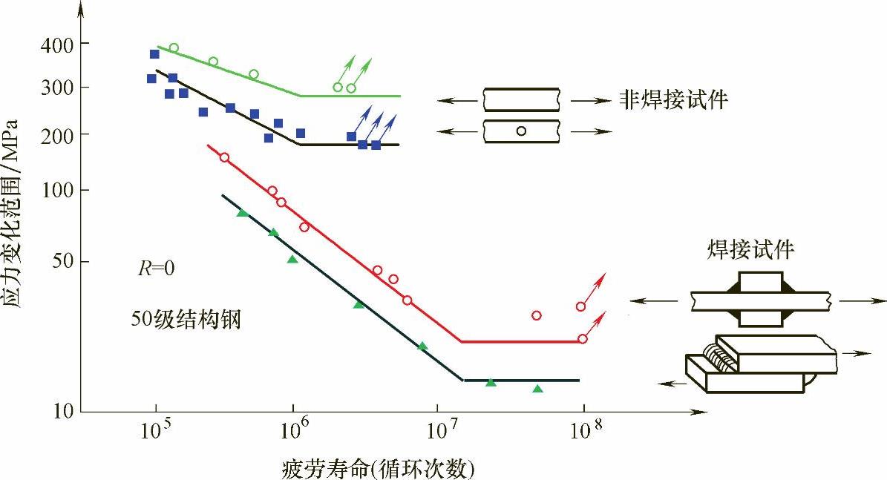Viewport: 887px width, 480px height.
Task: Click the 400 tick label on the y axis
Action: pyautogui.click(x=55, y=45)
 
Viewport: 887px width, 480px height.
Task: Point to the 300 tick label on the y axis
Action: pyautogui.click(x=55, y=88)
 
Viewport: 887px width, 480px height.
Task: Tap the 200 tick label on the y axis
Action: pyautogui.click(x=55, y=134)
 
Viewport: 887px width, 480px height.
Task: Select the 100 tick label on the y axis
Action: pyautogui.click(x=55, y=191)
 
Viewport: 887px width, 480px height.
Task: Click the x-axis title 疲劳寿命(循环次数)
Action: pyautogui.click(x=378, y=469)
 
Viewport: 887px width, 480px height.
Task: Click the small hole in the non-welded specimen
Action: pyautogui.click(x=521, y=131)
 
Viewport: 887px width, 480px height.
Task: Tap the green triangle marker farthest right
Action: pyautogui.click(x=538, y=389)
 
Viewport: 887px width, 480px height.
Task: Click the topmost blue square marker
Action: pyautogui.click(x=154, y=54)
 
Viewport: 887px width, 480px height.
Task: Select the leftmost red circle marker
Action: pyautogui.click(x=224, y=157)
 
